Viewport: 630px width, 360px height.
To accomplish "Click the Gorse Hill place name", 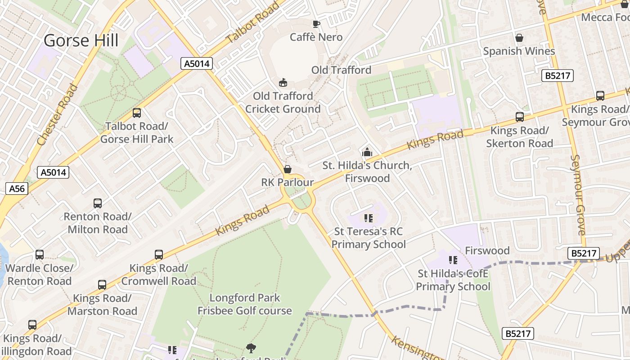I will [81, 40].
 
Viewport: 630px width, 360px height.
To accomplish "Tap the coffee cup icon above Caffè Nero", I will [316, 24].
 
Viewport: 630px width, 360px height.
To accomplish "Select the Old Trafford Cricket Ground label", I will [283, 103].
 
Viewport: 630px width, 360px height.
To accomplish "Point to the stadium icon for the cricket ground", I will [283, 83].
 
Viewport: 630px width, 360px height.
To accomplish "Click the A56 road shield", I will [17, 189].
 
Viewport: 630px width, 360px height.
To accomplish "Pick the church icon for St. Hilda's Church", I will [367, 153].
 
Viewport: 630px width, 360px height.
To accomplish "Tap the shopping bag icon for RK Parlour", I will [287, 170].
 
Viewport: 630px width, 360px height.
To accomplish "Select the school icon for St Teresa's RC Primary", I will [369, 219].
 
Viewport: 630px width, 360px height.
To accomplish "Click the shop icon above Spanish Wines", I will [519, 38].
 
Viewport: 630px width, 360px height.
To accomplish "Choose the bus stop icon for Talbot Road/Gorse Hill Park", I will [137, 113].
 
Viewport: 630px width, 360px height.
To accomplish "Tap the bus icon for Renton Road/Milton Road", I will [98, 203].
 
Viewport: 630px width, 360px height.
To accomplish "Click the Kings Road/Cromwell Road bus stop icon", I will [159, 255].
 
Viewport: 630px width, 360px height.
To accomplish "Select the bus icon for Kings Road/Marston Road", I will [102, 285].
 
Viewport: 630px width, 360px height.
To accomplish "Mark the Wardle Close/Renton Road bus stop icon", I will [40, 255].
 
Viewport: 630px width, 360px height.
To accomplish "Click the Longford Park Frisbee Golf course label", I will [245, 304].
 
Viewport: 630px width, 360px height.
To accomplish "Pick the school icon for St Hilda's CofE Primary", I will [453, 260].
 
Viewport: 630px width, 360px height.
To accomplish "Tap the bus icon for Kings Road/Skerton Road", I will [520, 117].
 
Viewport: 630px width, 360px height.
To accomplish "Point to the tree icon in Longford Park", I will [251, 348].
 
